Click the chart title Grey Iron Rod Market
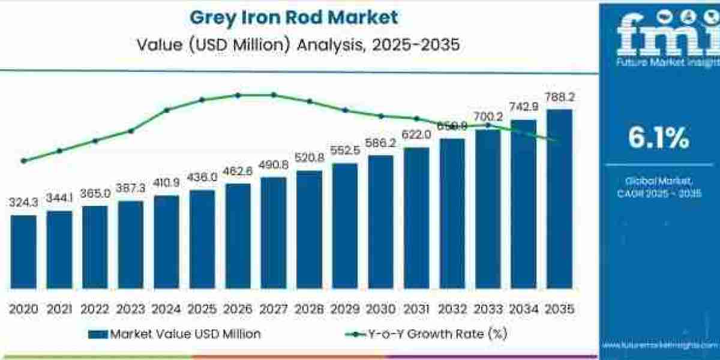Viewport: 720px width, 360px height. pyautogui.click(x=294, y=17)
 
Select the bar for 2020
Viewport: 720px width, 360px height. pyautogui.click(x=23, y=253)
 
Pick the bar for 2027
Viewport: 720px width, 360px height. pyautogui.click(x=274, y=234)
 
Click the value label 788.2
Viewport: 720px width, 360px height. pyautogui.click(x=559, y=97)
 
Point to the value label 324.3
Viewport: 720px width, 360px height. pyautogui.click(x=23, y=203)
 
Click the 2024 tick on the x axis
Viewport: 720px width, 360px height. pyautogui.click(x=166, y=309)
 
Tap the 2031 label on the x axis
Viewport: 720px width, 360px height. pyautogui.click(x=416, y=309)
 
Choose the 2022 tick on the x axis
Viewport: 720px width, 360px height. pyautogui.click(x=95, y=309)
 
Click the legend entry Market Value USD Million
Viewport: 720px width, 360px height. pyautogui.click(x=174, y=334)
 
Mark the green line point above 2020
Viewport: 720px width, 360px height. pyautogui.click(x=23, y=161)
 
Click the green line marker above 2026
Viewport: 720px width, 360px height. pyautogui.click(x=238, y=95)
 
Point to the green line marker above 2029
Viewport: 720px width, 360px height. pyautogui.click(x=345, y=110)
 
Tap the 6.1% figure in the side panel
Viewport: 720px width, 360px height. pyautogui.click(x=658, y=139)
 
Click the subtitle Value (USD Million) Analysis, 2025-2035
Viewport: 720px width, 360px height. pyautogui.click(x=294, y=44)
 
